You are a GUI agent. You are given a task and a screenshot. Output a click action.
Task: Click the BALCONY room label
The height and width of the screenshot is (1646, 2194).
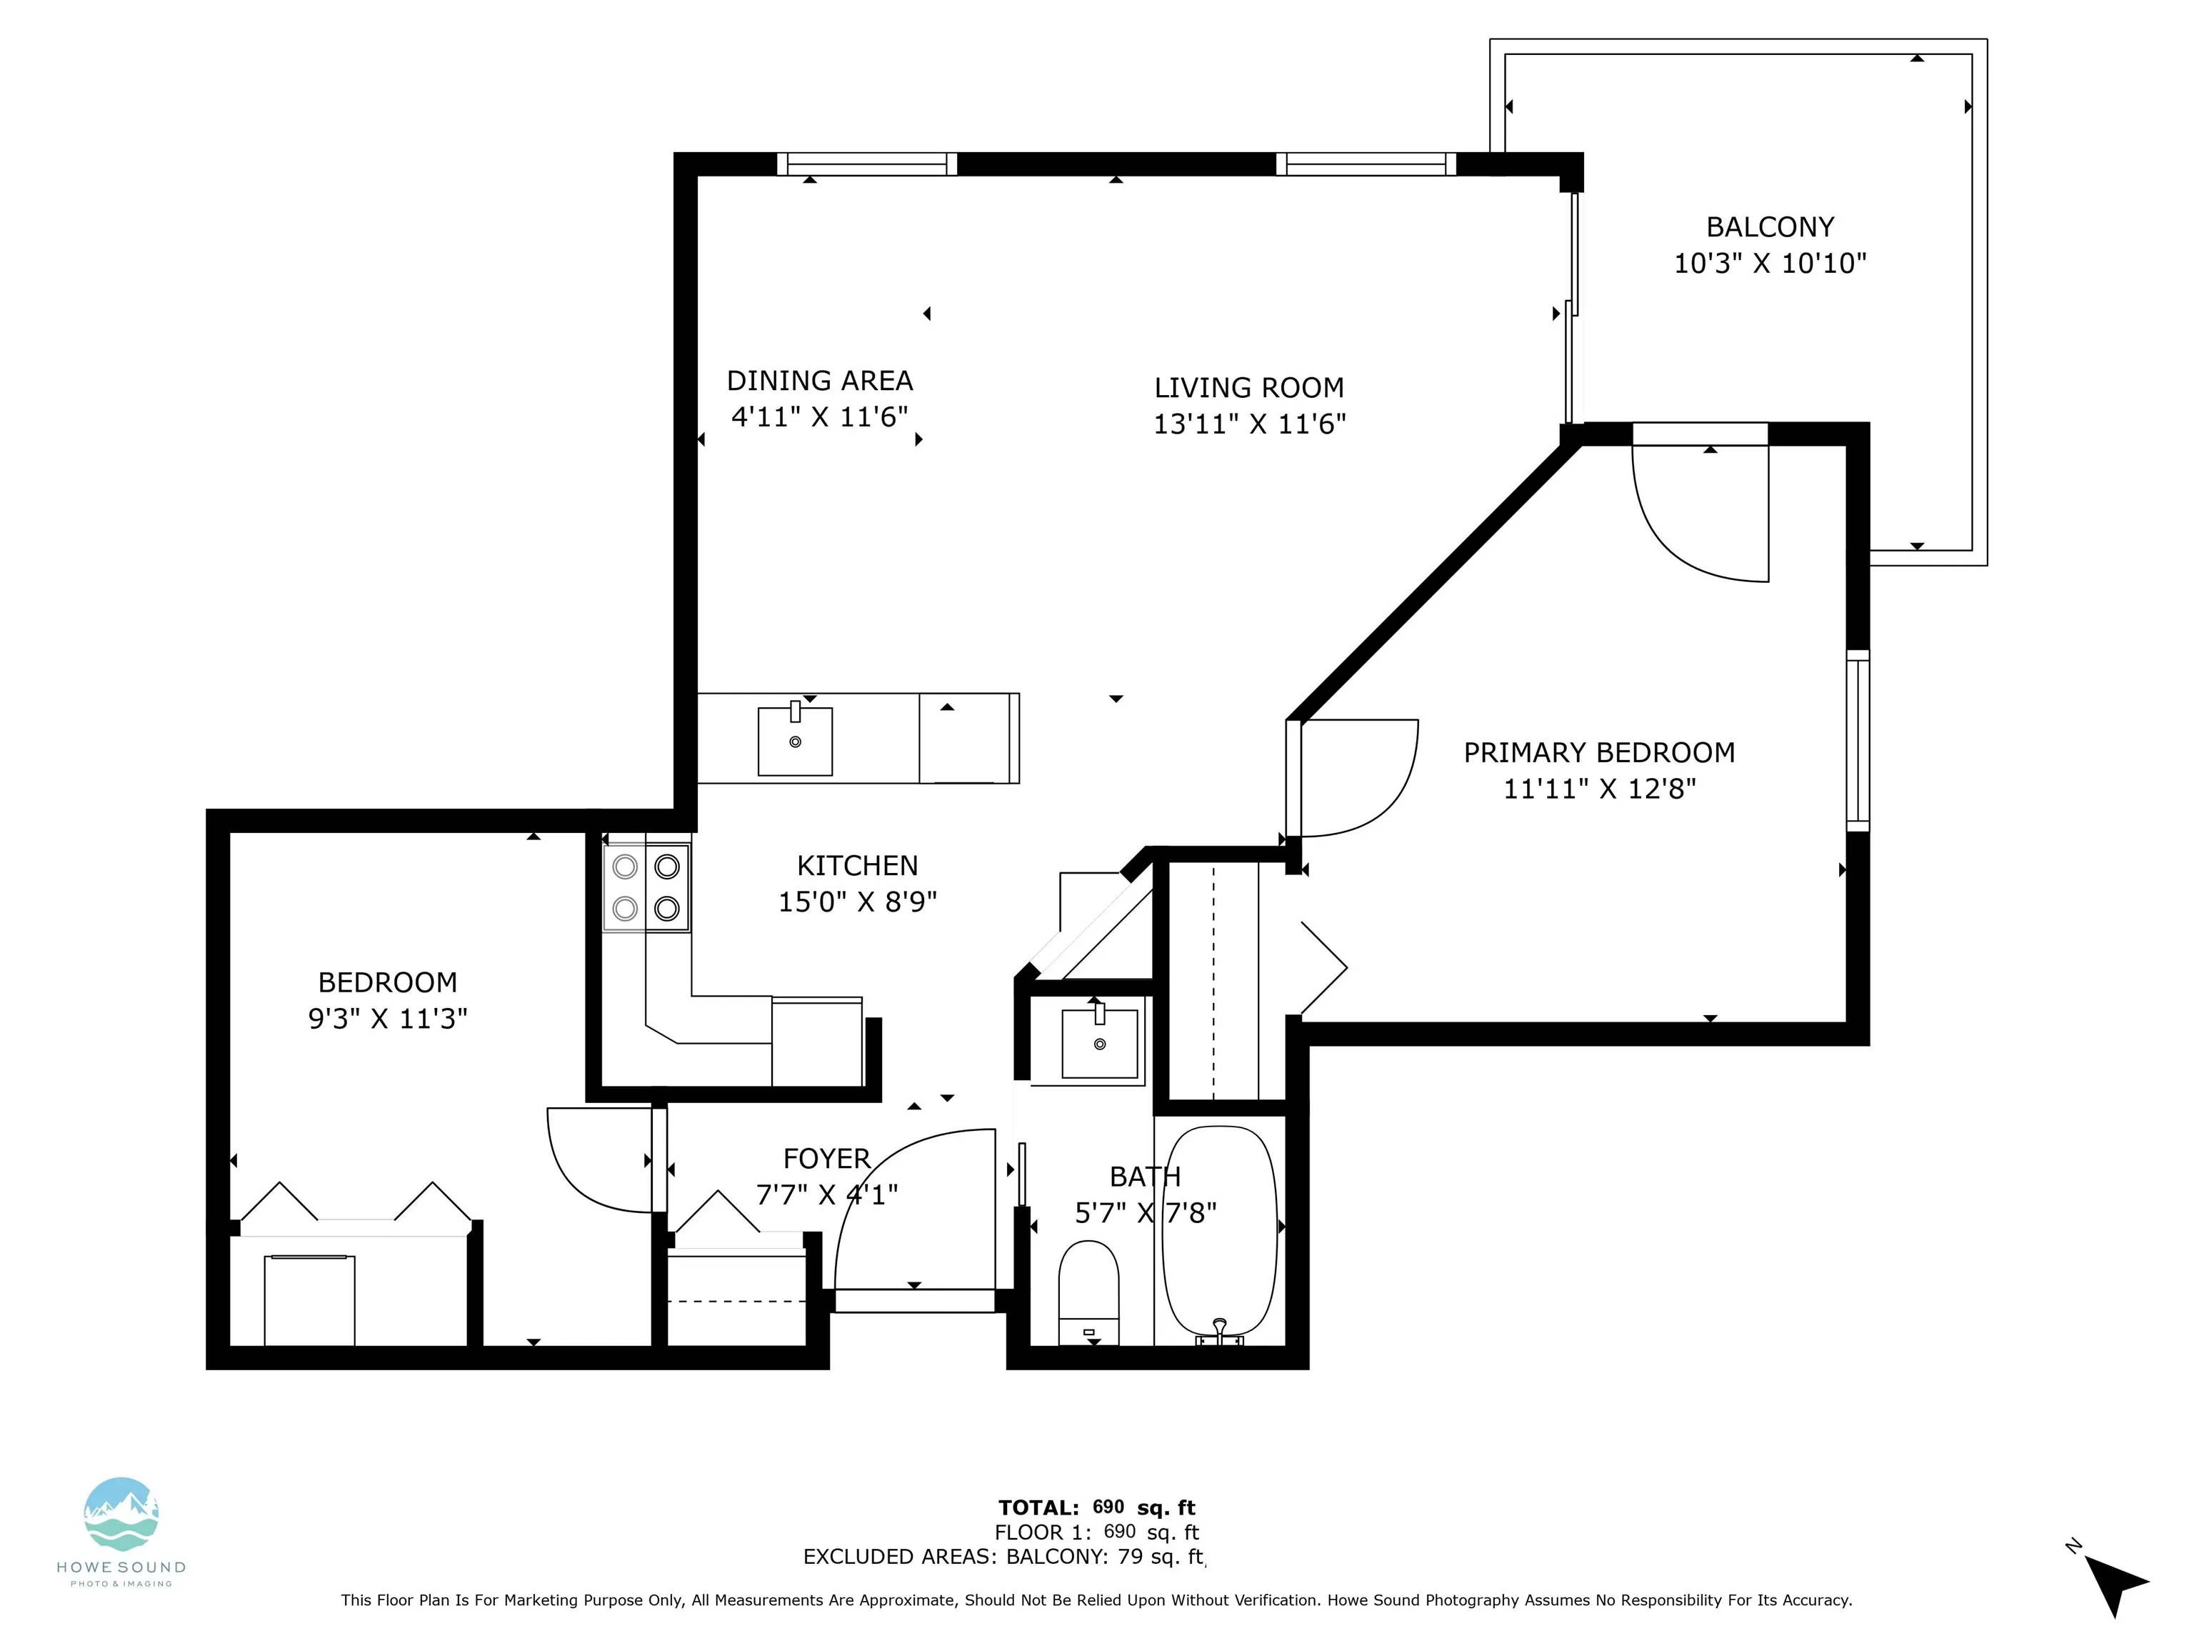coord(1770,227)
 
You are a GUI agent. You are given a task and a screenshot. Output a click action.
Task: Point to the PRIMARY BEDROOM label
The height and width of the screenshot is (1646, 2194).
coord(1599,752)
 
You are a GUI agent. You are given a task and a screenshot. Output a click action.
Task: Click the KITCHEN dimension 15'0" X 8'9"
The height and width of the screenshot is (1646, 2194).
coord(857,902)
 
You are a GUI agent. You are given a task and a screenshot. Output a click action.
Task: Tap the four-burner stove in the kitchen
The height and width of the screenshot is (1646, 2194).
coord(646,887)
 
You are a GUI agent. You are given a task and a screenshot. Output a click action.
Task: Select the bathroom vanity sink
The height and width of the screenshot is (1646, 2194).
coord(1099,1041)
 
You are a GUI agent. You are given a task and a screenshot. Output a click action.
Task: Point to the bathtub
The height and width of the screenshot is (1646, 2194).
coord(1219,1235)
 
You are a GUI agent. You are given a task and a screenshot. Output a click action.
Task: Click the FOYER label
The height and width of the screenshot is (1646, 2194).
coord(826,1159)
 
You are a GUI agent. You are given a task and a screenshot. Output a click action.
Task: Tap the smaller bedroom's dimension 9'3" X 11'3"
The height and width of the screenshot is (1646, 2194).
coord(387,1019)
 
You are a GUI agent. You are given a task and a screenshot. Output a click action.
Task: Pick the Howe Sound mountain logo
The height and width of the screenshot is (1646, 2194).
coord(121,1514)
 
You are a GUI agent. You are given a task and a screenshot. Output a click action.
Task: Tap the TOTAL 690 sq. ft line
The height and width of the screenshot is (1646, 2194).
coord(1097,1508)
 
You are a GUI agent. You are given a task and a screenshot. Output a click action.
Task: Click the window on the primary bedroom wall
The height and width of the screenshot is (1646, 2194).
coord(1858,740)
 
